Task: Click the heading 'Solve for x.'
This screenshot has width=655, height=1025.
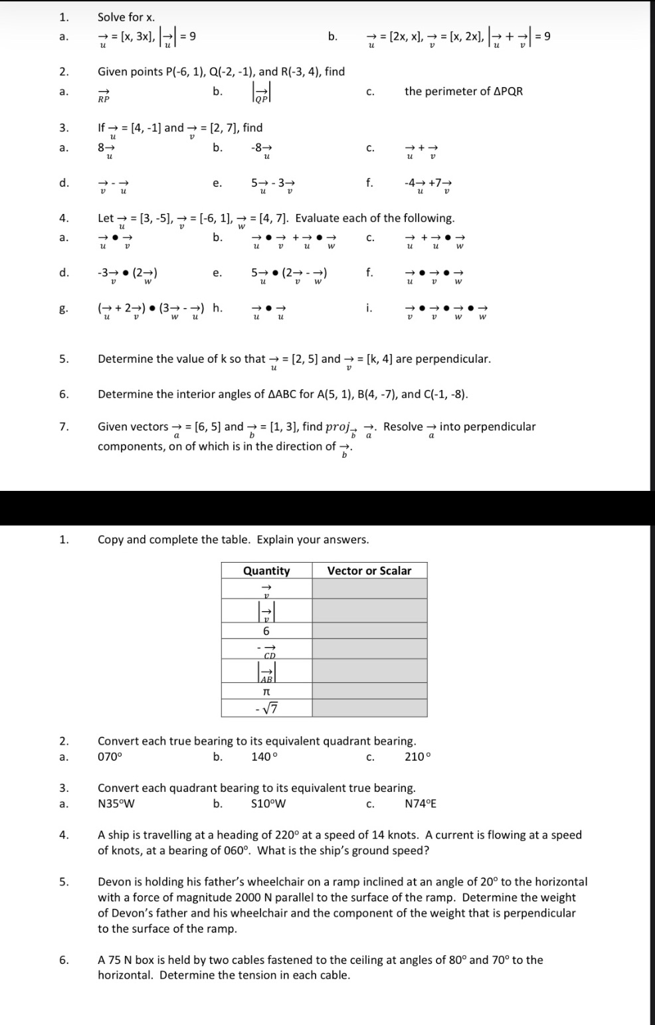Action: pos(126,17)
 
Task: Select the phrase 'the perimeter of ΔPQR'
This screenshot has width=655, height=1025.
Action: pos(464,92)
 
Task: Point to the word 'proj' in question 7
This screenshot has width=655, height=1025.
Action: pos(341,427)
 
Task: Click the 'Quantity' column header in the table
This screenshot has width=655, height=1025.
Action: pos(266,571)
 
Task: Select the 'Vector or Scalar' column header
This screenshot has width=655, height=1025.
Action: pos(369,571)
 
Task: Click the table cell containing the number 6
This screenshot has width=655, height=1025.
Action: pos(266,631)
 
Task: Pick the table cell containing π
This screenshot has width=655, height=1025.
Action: pos(266,692)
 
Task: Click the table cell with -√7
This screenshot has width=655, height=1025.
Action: pos(266,709)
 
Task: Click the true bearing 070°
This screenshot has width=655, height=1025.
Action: pos(110,757)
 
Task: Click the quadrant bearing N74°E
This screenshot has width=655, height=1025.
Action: pos(421,804)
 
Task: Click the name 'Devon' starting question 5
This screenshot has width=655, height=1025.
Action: pos(114,882)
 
